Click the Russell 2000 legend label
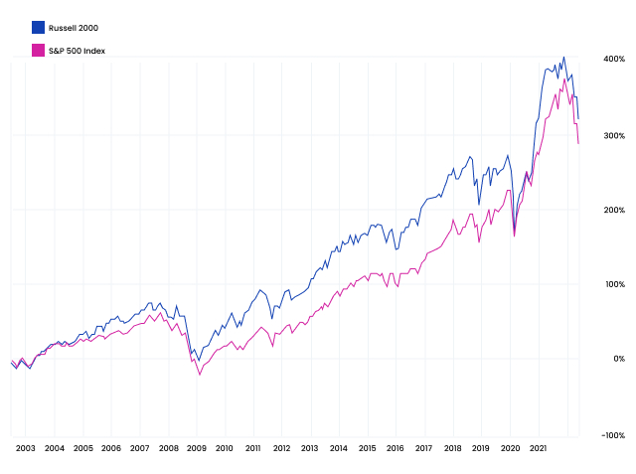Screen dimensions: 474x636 click(x=73, y=28)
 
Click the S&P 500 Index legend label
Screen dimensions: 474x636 click(x=77, y=50)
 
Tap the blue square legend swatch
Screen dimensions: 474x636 click(x=38, y=28)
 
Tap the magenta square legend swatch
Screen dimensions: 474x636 click(x=38, y=50)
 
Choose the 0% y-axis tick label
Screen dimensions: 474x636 click(x=616, y=359)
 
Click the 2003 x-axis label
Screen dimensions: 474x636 click(x=25, y=448)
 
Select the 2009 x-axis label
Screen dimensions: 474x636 click(x=196, y=448)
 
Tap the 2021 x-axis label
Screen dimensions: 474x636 click(x=538, y=448)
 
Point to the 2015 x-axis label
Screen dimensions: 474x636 click(x=367, y=448)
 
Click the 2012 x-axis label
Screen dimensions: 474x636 click(x=281, y=448)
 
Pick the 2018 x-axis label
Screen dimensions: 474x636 click(x=452, y=448)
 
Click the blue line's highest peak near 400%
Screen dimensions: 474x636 click(x=563, y=58)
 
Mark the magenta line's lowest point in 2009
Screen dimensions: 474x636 click(x=200, y=375)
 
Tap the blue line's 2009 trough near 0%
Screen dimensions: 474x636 click(x=199, y=360)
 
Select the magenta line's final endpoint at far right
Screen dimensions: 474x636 click(x=578, y=144)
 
